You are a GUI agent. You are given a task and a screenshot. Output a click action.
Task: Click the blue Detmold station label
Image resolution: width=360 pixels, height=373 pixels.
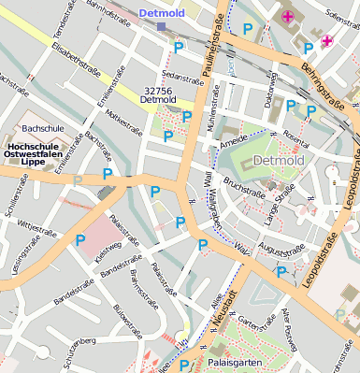click(x=163, y=13)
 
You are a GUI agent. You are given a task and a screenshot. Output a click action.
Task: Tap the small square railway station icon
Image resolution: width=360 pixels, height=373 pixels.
click(x=161, y=27)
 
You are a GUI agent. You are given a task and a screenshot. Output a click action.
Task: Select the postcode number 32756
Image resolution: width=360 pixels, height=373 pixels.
click(x=158, y=91)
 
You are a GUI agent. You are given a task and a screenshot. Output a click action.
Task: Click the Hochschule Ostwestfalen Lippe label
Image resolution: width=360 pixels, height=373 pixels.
click(x=39, y=153)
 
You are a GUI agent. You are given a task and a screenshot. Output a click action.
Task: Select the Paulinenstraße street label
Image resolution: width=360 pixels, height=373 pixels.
click(x=212, y=50)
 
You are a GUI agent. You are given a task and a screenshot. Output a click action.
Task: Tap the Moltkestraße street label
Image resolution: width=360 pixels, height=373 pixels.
click(x=124, y=120)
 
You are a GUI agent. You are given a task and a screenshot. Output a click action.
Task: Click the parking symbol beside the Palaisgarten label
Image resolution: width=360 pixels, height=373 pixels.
click(x=185, y=366)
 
